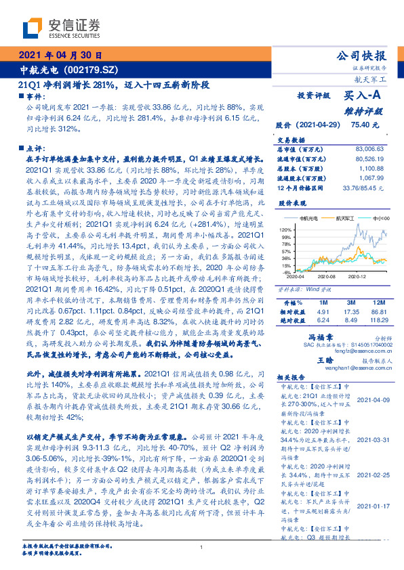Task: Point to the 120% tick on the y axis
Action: [285, 231]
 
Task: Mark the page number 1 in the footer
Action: [201, 548]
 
